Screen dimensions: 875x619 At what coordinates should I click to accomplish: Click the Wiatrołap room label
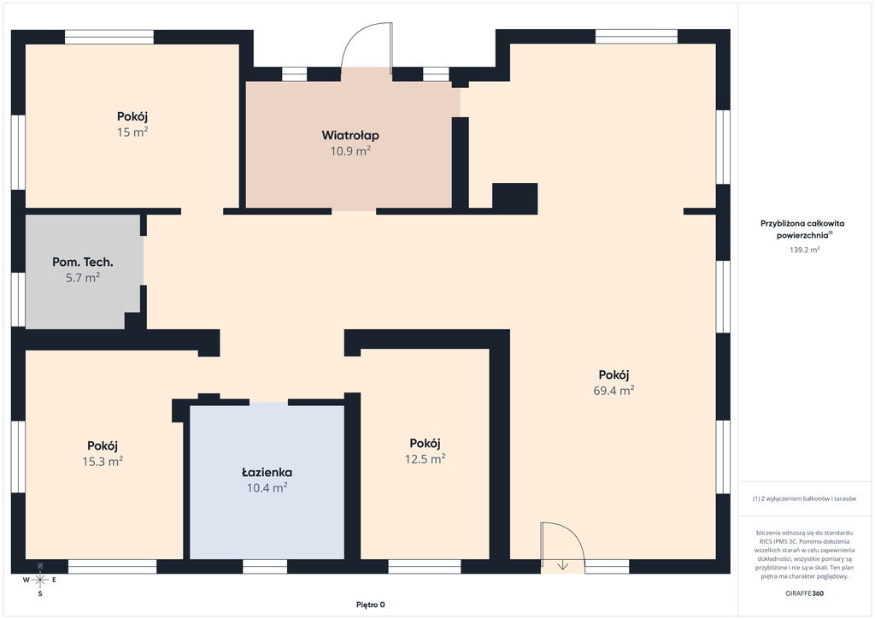[x=350, y=136]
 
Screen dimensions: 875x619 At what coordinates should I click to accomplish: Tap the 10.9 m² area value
[x=350, y=151]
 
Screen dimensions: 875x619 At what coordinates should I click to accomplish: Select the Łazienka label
[x=267, y=473]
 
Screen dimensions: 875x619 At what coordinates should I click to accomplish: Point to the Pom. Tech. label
[x=83, y=262]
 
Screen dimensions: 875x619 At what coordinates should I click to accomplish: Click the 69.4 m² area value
[x=614, y=391]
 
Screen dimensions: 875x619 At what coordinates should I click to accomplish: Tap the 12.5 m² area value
[x=426, y=459]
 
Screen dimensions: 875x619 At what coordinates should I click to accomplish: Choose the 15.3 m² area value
[x=103, y=462]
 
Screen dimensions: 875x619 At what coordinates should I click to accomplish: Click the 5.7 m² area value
[x=83, y=278]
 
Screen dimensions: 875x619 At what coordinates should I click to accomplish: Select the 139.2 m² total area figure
[x=804, y=250]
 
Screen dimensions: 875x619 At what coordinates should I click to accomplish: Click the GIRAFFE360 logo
[x=804, y=593]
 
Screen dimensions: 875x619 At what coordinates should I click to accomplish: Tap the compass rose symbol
[x=39, y=580]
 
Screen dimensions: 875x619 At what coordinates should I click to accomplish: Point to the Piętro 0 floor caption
[x=371, y=604]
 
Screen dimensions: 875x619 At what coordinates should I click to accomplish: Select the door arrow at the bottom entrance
[x=562, y=565]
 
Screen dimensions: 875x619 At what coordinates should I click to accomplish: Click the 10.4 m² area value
[x=267, y=488]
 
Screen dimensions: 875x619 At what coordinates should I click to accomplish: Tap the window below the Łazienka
[x=265, y=567]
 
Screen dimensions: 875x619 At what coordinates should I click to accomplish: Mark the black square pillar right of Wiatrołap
[x=514, y=198]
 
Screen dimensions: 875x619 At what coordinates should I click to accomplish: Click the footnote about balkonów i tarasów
[x=804, y=499]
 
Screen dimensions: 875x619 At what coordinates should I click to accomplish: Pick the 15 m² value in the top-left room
[x=132, y=133]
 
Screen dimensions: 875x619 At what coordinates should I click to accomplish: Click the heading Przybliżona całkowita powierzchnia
[x=802, y=229]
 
